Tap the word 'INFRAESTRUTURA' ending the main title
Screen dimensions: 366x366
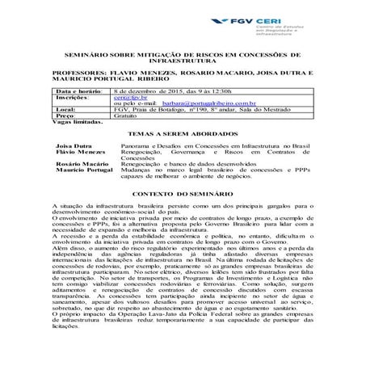click(x=183, y=62)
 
